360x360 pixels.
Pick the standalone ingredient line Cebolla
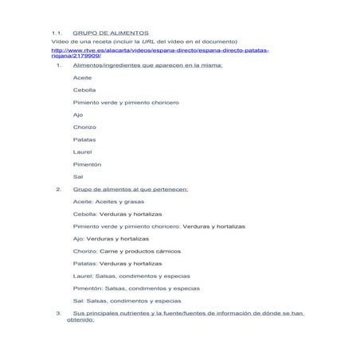coord(84,90)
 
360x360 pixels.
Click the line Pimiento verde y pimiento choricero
coord(125,103)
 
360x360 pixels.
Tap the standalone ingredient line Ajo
coord(77,115)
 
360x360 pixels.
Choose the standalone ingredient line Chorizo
coord(84,127)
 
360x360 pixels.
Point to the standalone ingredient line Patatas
coord(84,139)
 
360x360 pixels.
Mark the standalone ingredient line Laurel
coord(82,151)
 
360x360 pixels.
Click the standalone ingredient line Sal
coord(77,176)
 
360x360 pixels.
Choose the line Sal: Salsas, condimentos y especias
coord(127,301)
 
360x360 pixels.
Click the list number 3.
coord(58,313)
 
